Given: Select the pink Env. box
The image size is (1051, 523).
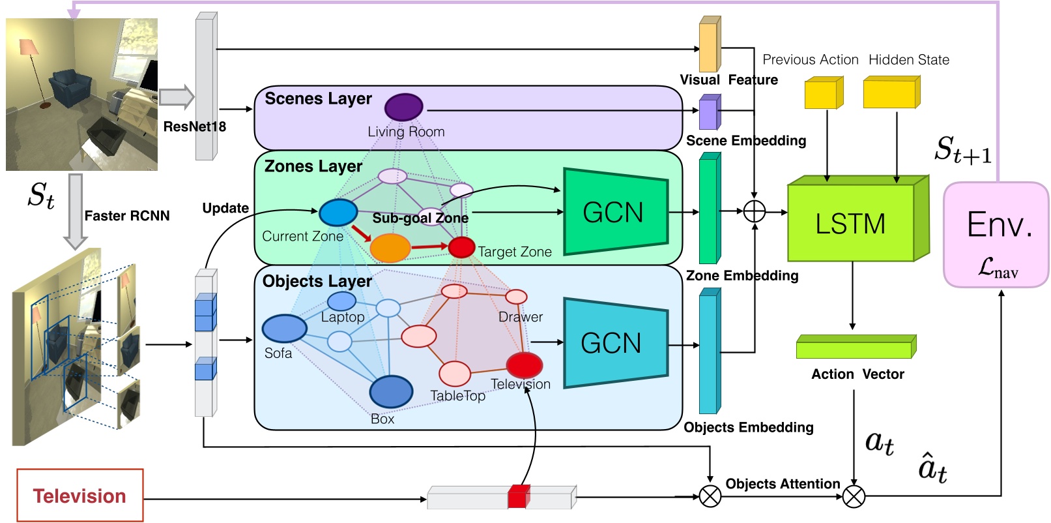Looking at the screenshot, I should (x=996, y=235).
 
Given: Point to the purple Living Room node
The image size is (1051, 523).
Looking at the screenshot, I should (x=403, y=107).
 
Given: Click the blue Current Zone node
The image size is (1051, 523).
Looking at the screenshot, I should (x=338, y=213).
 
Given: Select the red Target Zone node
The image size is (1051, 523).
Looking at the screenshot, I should (x=461, y=247).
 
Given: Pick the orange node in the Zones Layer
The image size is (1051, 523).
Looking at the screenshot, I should (x=390, y=248).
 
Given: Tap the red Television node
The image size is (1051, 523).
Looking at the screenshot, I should (x=524, y=365).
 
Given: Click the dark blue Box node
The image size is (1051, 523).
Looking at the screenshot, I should (x=391, y=392).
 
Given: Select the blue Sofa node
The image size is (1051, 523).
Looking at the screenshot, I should (x=284, y=328).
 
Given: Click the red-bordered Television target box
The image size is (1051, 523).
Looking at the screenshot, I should (x=79, y=496).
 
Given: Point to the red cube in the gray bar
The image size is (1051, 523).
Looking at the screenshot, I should (x=518, y=497).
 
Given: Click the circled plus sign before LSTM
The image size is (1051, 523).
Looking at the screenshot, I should (x=754, y=211).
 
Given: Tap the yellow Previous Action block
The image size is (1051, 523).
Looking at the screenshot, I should (x=823, y=93).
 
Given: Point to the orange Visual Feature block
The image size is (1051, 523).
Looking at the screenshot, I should (x=708, y=46).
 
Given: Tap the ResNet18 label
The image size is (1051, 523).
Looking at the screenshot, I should (x=194, y=127).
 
